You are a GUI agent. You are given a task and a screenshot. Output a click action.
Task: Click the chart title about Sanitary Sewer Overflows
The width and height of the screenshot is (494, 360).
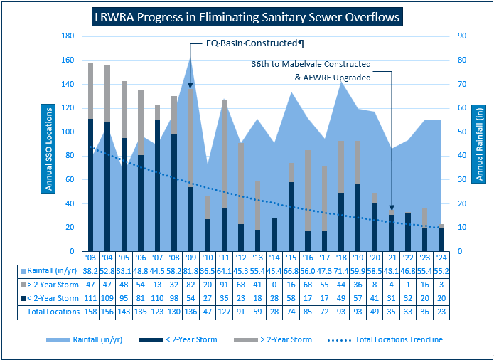tap(247, 16)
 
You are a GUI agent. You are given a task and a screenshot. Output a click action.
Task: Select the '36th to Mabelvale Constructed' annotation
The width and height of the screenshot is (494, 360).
tap(312, 65)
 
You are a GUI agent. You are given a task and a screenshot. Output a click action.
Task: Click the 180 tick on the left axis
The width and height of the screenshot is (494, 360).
tap(70, 36)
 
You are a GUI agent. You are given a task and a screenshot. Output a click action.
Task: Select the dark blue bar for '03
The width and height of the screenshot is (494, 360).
tap(90, 185)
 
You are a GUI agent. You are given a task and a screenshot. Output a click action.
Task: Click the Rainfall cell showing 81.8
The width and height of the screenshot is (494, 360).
tap(190, 271)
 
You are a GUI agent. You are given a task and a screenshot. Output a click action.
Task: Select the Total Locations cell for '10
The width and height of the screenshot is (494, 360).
tap(207, 311)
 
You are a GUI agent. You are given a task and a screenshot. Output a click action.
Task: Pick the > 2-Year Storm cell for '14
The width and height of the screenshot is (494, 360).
tap(274, 285)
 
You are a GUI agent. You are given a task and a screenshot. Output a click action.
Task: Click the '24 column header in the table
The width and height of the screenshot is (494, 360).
tap(441, 258)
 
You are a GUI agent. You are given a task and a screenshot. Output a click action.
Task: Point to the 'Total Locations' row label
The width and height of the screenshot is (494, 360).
tap(53, 311)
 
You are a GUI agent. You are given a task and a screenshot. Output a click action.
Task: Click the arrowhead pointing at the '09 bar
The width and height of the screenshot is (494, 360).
tap(190, 85)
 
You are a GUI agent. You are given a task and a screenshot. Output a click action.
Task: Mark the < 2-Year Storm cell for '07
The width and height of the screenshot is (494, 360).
tap(156, 298)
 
